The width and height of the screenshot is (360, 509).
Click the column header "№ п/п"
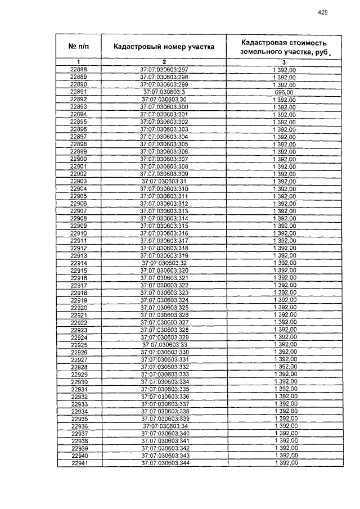pyautogui.click(x=78, y=47)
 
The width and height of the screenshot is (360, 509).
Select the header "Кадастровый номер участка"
pyautogui.click(x=164, y=47)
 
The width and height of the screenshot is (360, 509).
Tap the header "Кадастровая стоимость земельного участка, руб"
pyautogui.click(x=283, y=47)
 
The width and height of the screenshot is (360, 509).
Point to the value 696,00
pyautogui.click(x=284, y=92)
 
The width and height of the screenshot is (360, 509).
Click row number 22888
pyautogui.click(x=78, y=69)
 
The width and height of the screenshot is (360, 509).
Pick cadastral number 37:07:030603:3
pyautogui.click(x=164, y=92)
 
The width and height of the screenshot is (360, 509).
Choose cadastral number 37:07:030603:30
pyautogui.click(x=164, y=99)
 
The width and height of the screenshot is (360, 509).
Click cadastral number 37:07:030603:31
pyautogui.click(x=164, y=181)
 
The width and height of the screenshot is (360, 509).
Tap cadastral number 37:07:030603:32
pyautogui.click(x=164, y=263)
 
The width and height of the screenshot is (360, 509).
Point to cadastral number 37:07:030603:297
pyautogui.click(x=164, y=69)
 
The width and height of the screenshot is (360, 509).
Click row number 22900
pyautogui.click(x=78, y=159)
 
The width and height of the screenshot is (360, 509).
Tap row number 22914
pyautogui.click(x=79, y=263)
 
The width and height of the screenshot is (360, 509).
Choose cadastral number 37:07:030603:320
pyautogui.click(x=164, y=270)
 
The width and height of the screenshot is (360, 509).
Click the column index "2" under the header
pyautogui.click(x=164, y=61)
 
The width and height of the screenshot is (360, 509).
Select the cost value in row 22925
pyautogui.click(x=285, y=344)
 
